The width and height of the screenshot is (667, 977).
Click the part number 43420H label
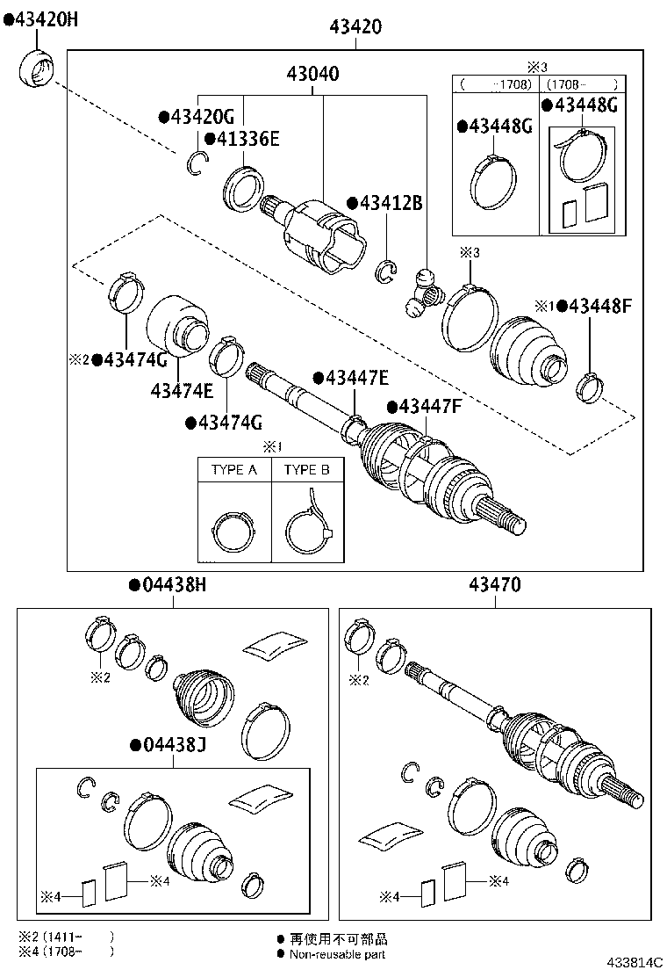(41, 19)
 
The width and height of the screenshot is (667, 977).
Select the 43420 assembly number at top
(355, 26)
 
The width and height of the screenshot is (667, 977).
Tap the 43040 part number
(313, 75)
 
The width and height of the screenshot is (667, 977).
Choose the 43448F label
(600, 306)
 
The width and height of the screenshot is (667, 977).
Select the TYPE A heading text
(234, 470)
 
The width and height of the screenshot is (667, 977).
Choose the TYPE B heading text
(306, 470)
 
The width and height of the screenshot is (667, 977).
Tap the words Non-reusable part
(338, 954)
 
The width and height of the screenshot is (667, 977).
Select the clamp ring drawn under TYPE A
(234, 530)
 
